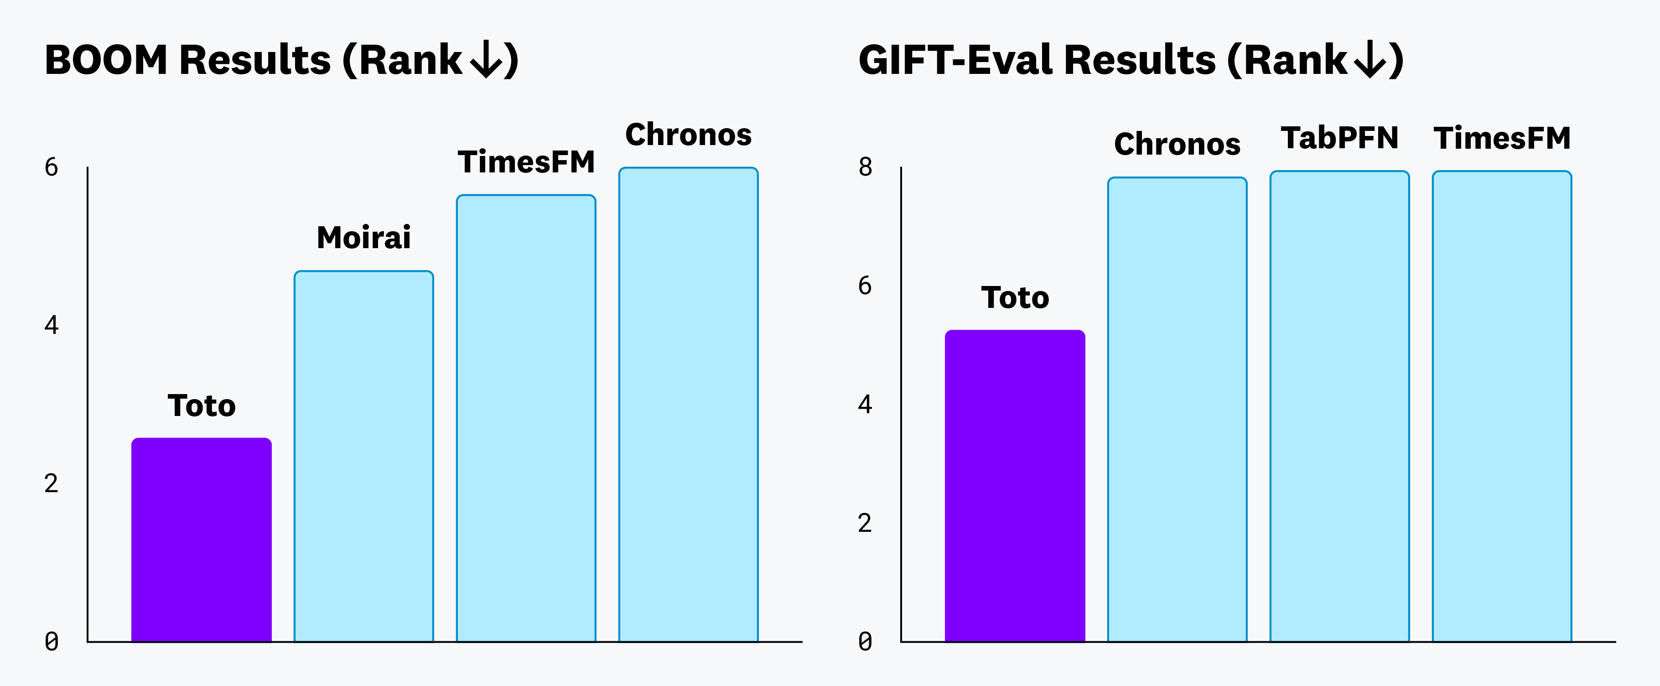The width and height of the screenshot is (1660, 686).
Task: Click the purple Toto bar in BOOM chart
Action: tap(201, 540)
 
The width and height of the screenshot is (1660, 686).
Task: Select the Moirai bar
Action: tap(363, 457)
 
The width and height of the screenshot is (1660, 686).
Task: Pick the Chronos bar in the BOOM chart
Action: tap(688, 405)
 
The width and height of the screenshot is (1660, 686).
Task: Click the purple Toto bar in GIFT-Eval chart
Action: tap(1015, 486)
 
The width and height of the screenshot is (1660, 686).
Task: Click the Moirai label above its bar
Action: tap(363, 237)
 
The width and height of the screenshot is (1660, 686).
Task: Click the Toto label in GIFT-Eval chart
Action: tap(1015, 297)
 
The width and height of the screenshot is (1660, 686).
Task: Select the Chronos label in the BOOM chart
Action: tap(688, 135)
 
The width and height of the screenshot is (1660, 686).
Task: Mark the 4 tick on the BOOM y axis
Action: tap(52, 325)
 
